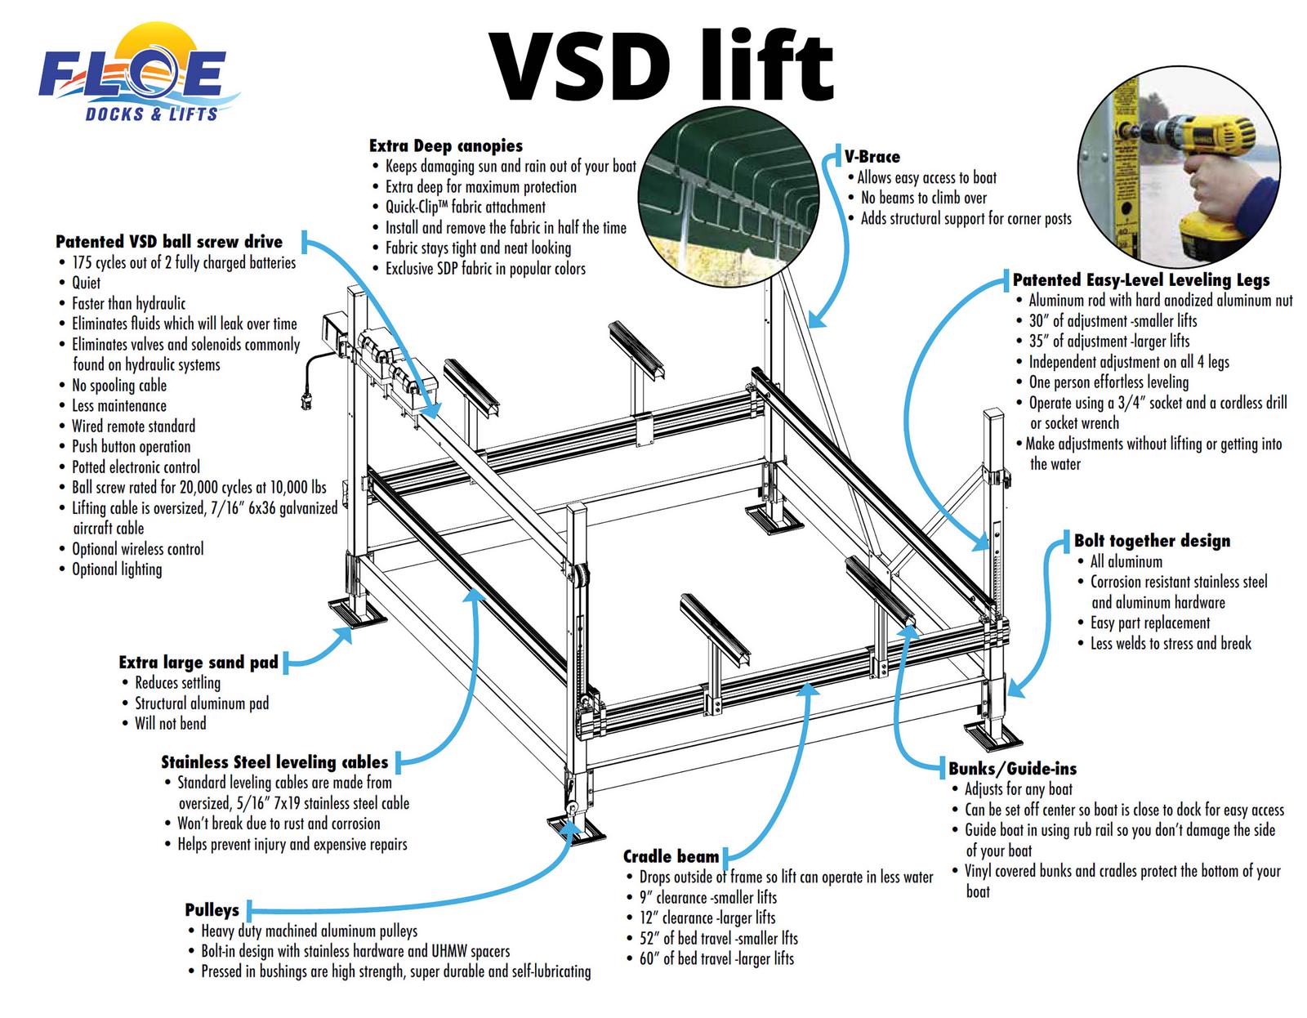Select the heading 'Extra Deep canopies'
point(446,146)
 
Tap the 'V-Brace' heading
point(872,157)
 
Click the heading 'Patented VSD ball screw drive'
point(169,242)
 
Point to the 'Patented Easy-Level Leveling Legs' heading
point(1141,280)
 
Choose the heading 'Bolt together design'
point(1152,541)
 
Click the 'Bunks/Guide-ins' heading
point(1012,769)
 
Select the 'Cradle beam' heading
point(671,856)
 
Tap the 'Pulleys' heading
point(212,910)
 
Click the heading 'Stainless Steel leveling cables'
point(274,762)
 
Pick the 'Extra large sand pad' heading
point(199,662)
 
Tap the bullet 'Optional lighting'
point(117,569)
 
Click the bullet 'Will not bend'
point(171,723)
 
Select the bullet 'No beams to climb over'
point(923,198)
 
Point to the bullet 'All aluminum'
point(1126,561)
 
